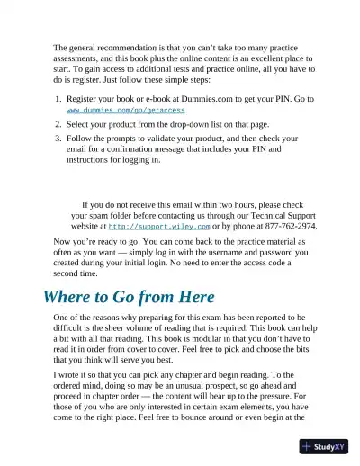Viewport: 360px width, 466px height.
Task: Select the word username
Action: (218, 253)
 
